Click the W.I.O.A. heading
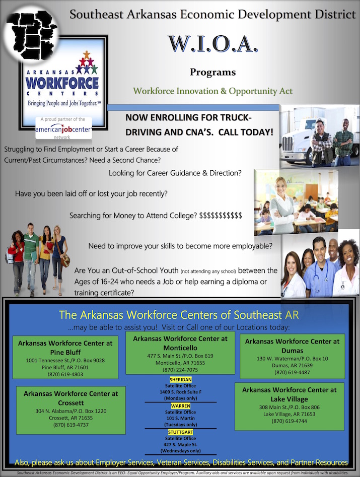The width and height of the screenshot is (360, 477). [213, 44]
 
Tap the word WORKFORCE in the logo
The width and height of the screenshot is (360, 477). [62, 83]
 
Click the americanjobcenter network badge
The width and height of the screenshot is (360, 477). [63, 128]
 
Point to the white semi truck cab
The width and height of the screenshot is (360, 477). [300, 137]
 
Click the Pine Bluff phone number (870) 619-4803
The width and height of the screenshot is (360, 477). [65, 374]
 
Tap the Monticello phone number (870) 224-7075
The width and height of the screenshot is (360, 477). [180, 370]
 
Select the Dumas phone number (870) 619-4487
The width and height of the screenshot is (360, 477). [292, 372]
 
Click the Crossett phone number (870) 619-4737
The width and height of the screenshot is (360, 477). [71, 425]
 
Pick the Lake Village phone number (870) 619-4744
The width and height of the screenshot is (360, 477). [289, 421]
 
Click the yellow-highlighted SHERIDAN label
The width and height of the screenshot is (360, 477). [181, 380]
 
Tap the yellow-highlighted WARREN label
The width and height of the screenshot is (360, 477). [181, 406]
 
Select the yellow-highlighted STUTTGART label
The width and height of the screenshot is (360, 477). [181, 432]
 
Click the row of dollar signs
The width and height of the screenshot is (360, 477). [221, 216]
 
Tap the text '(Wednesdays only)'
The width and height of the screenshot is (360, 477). [181, 451]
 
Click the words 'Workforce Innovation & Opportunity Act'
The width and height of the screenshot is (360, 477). [213, 91]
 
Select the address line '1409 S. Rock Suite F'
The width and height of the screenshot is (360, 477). [181, 392]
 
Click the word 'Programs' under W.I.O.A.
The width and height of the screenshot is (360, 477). [213, 73]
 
